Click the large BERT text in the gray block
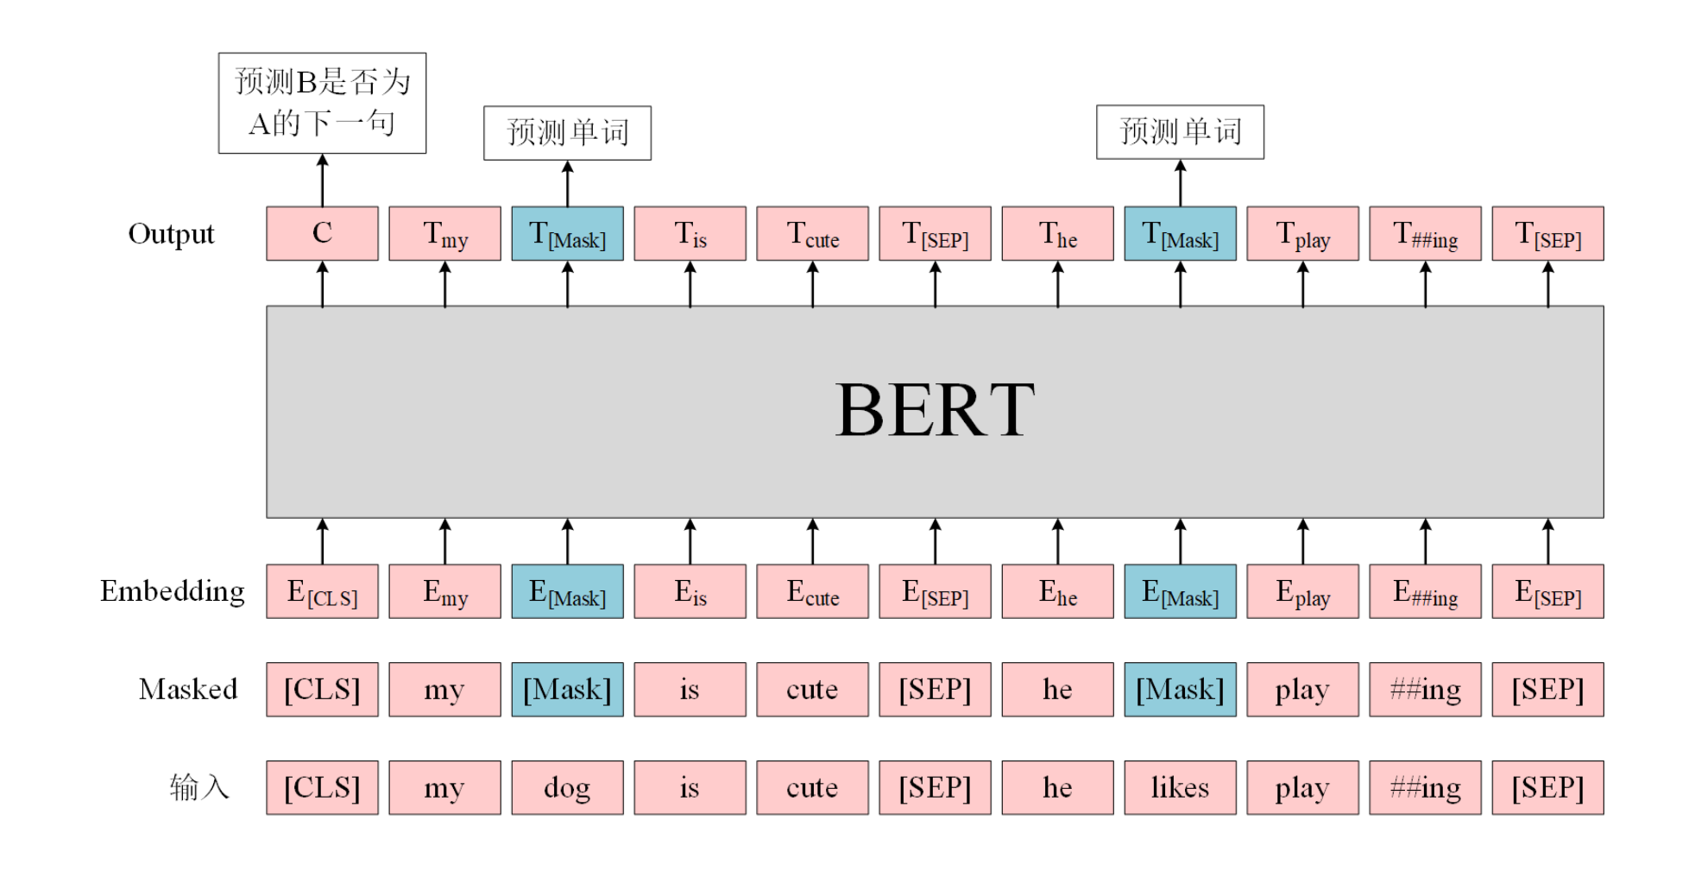(x=935, y=411)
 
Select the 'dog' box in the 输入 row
(x=567, y=787)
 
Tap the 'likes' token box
(x=1180, y=787)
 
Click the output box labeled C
(x=322, y=233)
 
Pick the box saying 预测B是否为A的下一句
(x=322, y=103)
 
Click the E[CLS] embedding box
(x=322, y=591)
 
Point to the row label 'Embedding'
(x=172, y=591)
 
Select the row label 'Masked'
(x=187, y=689)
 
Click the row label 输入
(x=198, y=787)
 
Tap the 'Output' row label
(x=171, y=234)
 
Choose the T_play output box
(x=1302, y=233)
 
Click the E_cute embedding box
(x=812, y=591)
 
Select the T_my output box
(x=444, y=233)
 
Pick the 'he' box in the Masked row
(x=1057, y=689)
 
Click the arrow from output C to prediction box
(x=322, y=180)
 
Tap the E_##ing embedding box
(x=1425, y=591)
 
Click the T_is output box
(x=690, y=233)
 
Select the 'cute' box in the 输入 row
(x=812, y=787)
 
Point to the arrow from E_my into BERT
(x=444, y=541)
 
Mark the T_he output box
(x=1057, y=233)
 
